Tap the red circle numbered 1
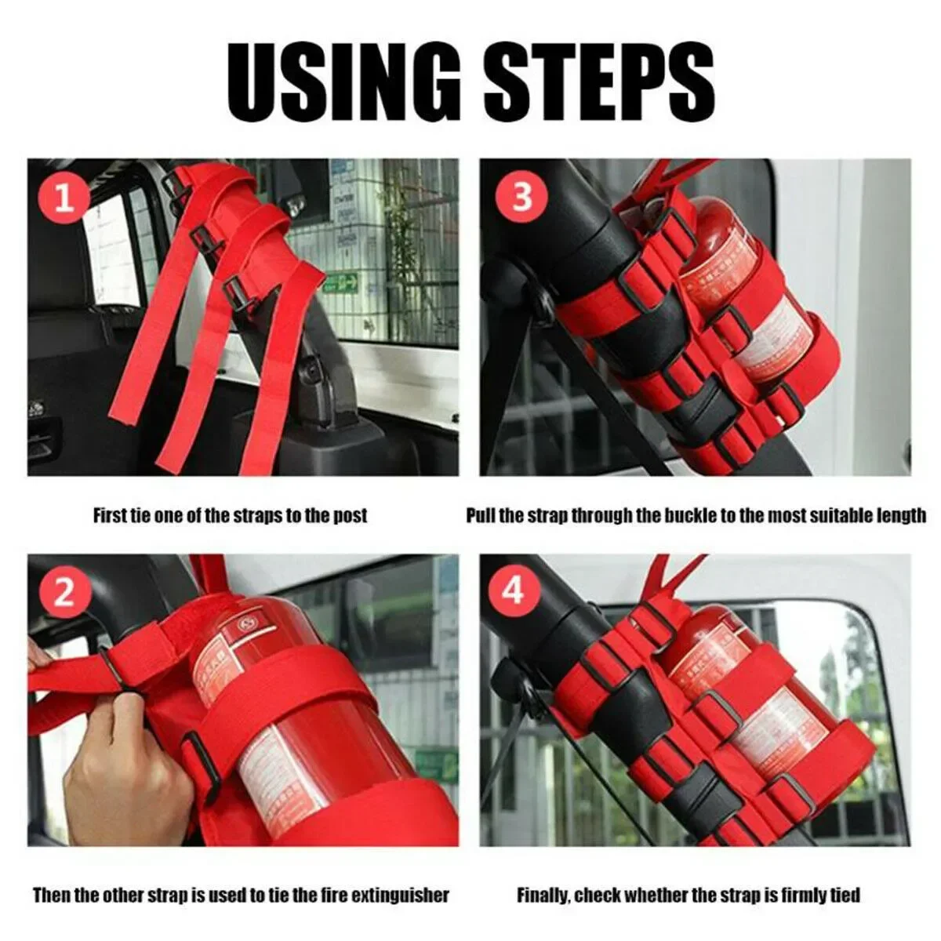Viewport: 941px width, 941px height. (x=64, y=198)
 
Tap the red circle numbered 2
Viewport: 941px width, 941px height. (x=64, y=593)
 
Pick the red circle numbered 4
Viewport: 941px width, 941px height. (x=514, y=590)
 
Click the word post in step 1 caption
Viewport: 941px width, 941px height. (x=349, y=516)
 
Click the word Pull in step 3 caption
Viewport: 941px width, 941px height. (x=481, y=516)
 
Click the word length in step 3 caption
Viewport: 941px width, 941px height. (x=899, y=516)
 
